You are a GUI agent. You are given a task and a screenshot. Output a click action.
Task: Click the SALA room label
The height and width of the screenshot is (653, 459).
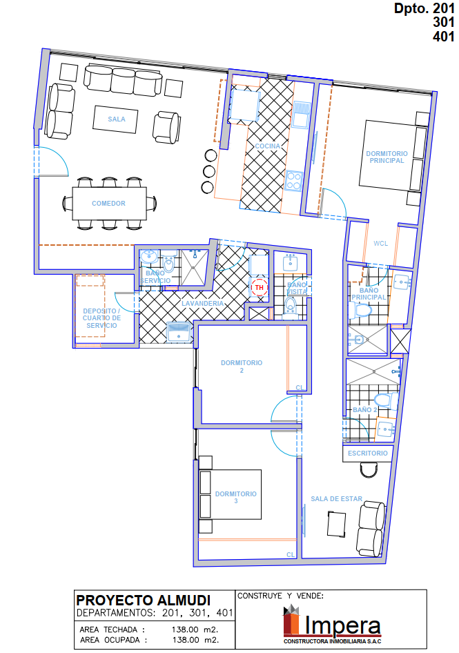click(117, 119)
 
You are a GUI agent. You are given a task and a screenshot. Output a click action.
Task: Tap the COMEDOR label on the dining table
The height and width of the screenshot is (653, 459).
click(109, 203)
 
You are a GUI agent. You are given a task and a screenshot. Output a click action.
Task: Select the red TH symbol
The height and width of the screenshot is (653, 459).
click(259, 287)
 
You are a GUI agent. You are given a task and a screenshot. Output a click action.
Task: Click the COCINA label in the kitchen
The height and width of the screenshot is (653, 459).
click(267, 146)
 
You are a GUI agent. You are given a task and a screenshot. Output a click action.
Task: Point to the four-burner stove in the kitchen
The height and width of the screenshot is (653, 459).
click(294, 181)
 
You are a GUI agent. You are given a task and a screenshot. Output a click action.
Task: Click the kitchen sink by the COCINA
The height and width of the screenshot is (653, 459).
click(301, 115)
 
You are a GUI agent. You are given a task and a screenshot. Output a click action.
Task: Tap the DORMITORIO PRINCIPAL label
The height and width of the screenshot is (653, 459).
click(387, 157)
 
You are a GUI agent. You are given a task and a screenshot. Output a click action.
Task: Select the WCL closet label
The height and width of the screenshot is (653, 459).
click(381, 243)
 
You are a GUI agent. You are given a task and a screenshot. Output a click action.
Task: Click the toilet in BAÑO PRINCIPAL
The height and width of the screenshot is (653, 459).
click(360, 310)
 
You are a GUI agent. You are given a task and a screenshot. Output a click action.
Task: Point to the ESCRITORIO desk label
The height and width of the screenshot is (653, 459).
click(368, 453)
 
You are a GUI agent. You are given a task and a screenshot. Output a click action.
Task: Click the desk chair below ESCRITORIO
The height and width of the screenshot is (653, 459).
click(369, 470)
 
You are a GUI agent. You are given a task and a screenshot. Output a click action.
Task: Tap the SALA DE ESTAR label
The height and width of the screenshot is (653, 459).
click(337, 498)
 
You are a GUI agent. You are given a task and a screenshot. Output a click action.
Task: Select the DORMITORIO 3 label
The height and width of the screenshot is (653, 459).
click(236, 497)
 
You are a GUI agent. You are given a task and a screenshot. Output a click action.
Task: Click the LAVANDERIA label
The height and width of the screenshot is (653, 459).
click(203, 304)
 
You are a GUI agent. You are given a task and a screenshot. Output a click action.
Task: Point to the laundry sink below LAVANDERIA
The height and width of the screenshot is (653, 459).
click(179, 332)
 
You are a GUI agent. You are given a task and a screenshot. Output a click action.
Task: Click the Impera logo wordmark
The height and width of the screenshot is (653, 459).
click(342, 625)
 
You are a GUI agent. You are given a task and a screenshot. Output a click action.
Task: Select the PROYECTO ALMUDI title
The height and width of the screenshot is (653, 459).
click(144, 600)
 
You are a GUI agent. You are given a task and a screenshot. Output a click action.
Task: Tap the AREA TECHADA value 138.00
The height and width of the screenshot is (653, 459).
click(186, 630)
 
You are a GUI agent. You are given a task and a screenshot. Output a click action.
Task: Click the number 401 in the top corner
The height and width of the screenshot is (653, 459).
click(443, 37)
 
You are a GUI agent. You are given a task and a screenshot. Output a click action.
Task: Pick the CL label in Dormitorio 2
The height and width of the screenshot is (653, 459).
click(300, 388)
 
